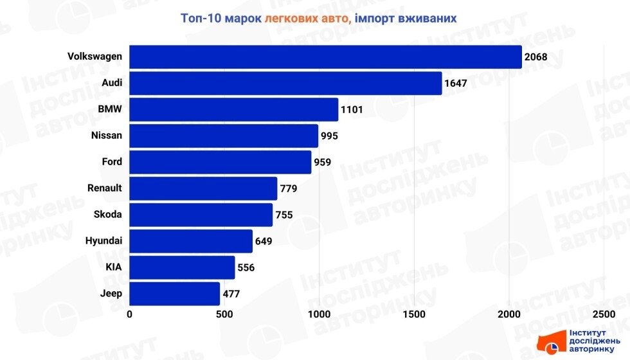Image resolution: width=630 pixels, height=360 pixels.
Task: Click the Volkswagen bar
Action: pyautogui.click(x=325, y=57)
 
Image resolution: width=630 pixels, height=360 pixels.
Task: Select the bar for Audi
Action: pyautogui.click(x=285, y=83)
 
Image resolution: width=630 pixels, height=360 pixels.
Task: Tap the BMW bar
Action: pyautogui.click(x=233, y=109)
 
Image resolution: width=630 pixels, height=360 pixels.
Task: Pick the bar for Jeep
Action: pyautogui.click(x=174, y=294)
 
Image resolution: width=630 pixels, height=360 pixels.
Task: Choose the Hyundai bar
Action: pyautogui.click(x=191, y=241)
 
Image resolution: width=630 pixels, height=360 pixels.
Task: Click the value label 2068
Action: pyautogui.click(x=535, y=57)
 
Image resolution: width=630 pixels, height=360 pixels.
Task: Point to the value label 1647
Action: pyautogui.click(x=456, y=84)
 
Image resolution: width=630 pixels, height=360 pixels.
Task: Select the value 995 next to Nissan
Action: pyautogui.click(x=329, y=136)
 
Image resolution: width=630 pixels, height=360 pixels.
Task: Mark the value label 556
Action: pyautogui.click(x=246, y=267)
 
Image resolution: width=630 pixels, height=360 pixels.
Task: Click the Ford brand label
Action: pyautogui.click(x=112, y=162)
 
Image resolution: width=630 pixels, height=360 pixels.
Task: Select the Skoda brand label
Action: pyautogui.click(x=108, y=215)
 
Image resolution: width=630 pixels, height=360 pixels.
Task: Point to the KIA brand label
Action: pyautogui.click(x=114, y=267)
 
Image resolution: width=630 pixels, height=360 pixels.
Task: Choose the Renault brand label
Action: pyautogui.click(x=104, y=188)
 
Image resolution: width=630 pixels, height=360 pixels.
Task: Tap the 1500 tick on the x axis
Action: pyautogui.click(x=415, y=314)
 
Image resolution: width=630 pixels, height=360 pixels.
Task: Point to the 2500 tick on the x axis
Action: pyautogui.click(x=604, y=314)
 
